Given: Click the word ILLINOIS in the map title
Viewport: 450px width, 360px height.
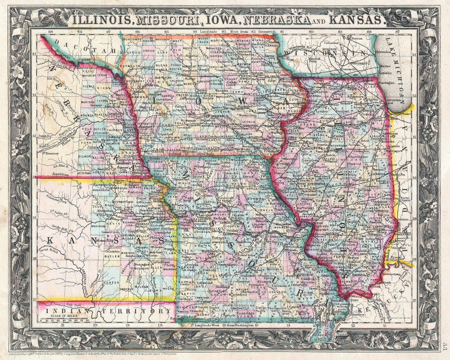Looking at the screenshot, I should tap(102, 20).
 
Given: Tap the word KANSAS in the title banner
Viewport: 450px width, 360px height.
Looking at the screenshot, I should tap(355, 20).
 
